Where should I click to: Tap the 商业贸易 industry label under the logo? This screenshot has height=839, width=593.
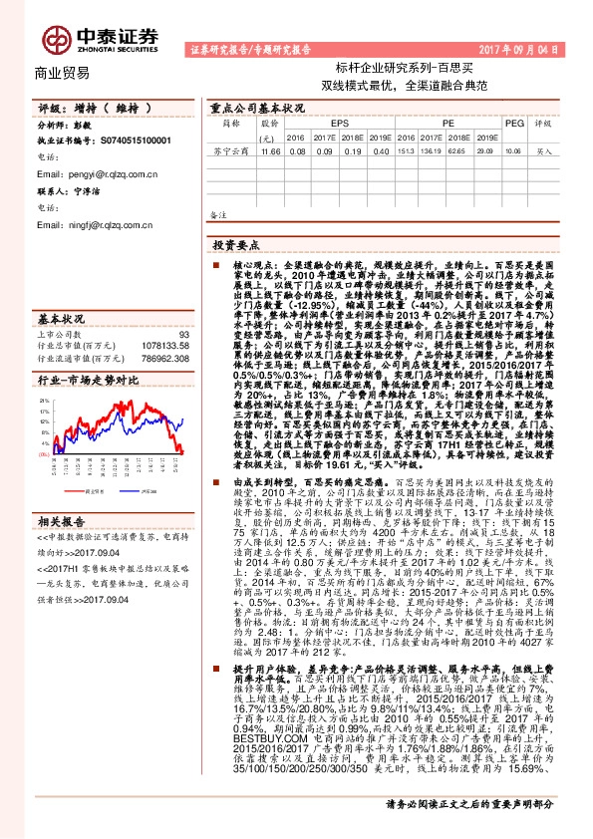point(62,73)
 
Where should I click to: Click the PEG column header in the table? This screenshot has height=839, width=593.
point(513,124)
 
